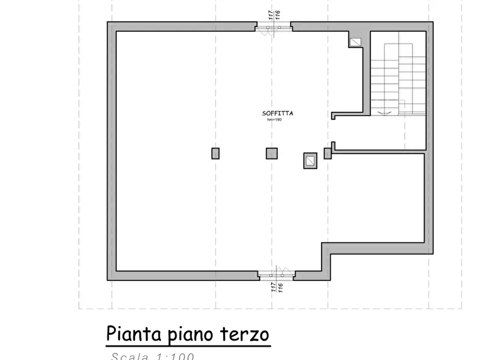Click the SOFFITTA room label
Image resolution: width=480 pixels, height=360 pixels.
(x=277, y=113)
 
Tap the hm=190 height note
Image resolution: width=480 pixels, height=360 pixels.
(x=274, y=119)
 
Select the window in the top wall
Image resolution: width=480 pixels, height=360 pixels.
(x=273, y=27)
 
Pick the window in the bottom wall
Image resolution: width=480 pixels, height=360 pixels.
(x=276, y=275)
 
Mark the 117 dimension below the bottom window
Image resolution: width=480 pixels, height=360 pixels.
(x=274, y=287)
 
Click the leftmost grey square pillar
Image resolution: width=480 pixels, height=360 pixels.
(x=216, y=153)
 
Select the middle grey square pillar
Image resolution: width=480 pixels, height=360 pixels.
(x=272, y=153)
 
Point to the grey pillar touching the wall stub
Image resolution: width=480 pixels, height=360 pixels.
(x=327, y=154)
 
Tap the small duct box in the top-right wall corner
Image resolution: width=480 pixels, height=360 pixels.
(x=356, y=41)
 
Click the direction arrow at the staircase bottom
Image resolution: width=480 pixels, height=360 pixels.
(x=385, y=113)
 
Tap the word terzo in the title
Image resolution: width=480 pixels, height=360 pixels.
(x=245, y=334)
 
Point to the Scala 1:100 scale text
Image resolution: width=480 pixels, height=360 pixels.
(x=152, y=356)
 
